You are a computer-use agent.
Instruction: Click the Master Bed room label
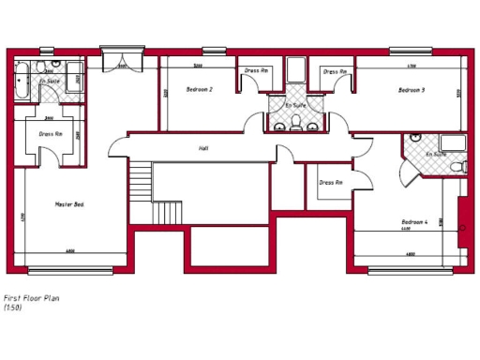pos(69,203)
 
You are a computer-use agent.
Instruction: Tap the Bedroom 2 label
pos(200,89)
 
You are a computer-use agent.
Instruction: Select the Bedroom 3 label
pos(412,90)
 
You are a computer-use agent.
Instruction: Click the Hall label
pos(203,149)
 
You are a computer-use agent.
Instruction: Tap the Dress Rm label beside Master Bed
pos(51,134)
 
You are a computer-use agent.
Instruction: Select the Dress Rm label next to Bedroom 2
pos(256,71)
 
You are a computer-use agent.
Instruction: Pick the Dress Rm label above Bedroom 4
pos(331,182)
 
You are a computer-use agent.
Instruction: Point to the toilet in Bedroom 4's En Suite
pos(457,167)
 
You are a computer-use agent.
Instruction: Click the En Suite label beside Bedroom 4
pos(435,154)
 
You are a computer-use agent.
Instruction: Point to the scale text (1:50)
pos(13,307)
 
